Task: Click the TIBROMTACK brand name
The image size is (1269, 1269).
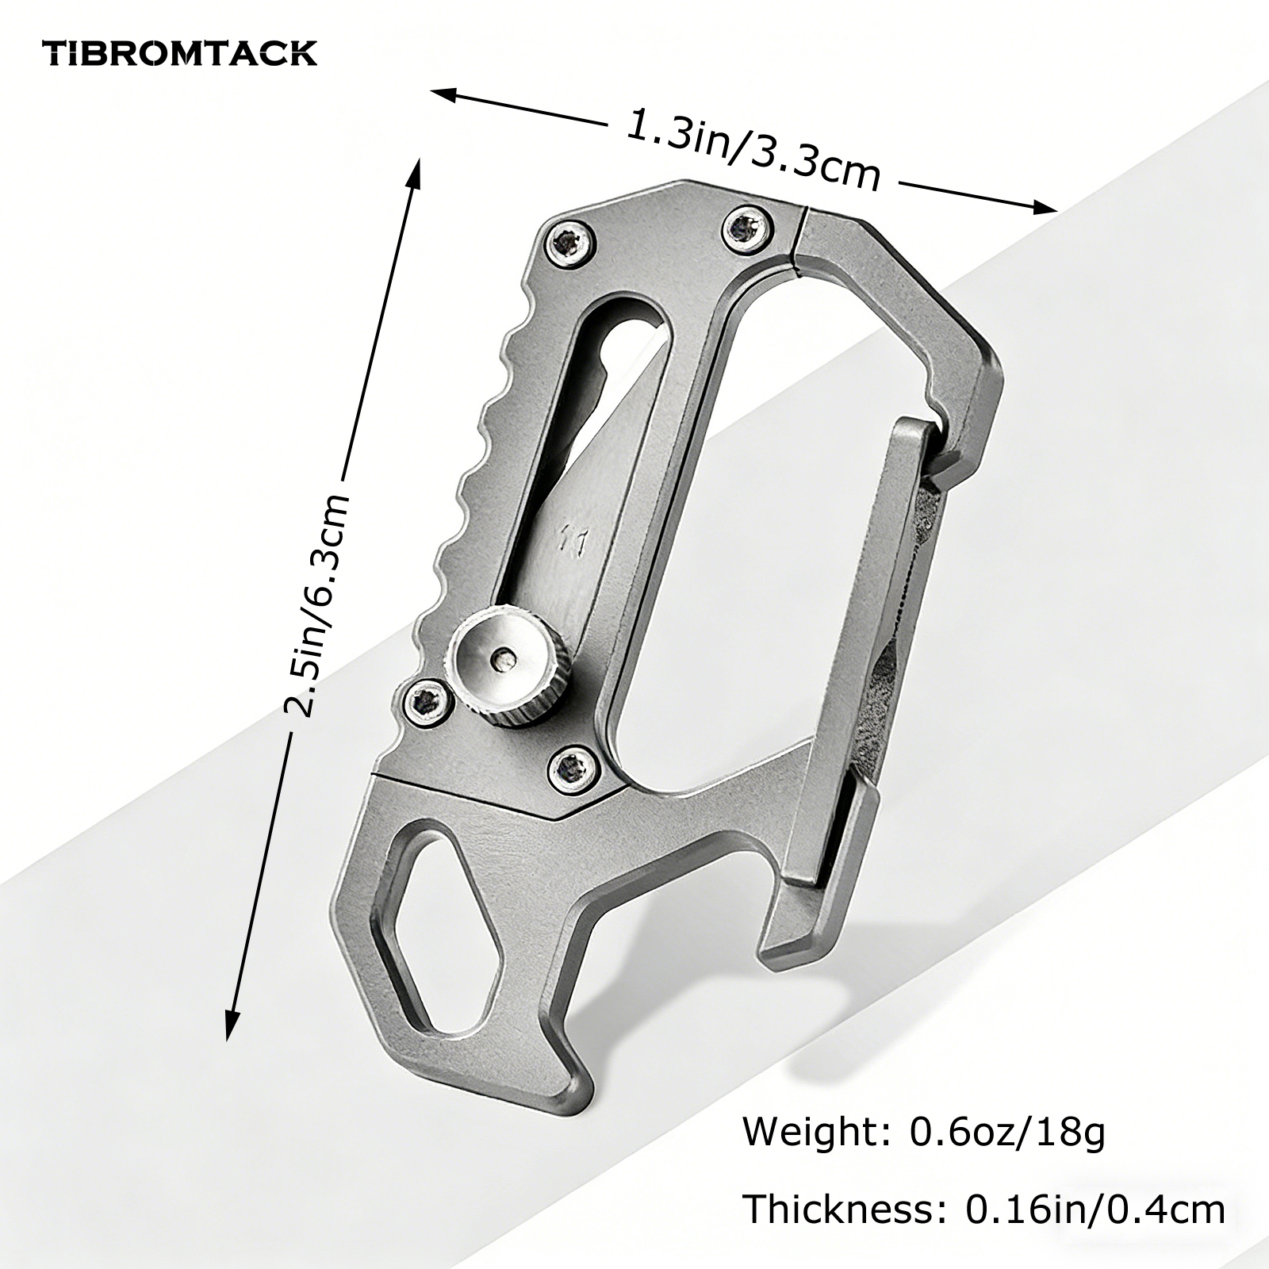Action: [x=180, y=53]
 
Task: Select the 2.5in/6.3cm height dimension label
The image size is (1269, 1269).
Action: [x=317, y=606]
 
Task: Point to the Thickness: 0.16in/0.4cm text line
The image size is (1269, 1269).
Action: [x=983, y=1210]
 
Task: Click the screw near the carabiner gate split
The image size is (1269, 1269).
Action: [x=747, y=226]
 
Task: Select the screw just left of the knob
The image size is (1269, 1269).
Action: [x=428, y=701]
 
